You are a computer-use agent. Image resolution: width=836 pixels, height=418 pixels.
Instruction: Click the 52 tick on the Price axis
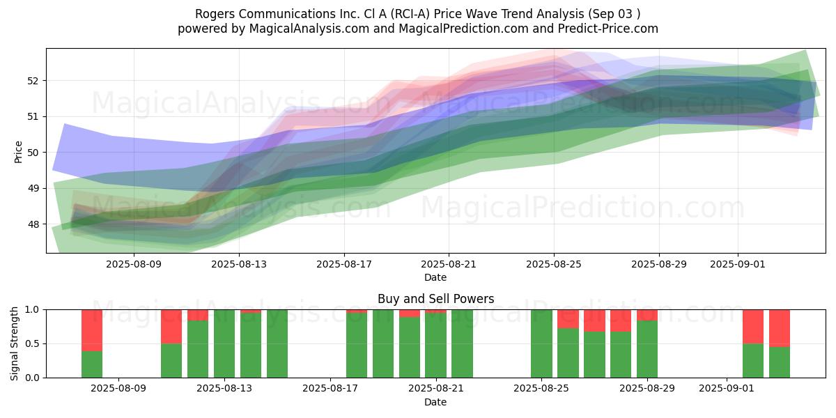pyautogui.click(x=32, y=81)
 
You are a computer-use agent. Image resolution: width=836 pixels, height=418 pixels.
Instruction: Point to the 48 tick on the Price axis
pyautogui.click(x=32, y=224)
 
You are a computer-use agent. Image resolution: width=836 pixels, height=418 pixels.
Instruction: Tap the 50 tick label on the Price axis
pyautogui.click(x=32, y=153)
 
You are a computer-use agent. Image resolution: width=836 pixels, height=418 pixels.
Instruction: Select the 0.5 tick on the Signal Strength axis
pyautogui.click(x=32, y=343)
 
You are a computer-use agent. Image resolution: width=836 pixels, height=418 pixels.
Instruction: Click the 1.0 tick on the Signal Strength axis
pyautogui.click(x=32, y=310)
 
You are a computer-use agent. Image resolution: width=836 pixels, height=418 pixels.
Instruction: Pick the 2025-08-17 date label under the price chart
pyautogui.click(x=344, y=265)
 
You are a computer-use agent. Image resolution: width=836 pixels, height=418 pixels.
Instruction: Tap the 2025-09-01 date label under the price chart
pyautogui.click(x=738, y=265)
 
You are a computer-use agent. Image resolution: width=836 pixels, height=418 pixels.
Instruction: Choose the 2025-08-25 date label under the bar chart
pyautogui.click(x=541, y=389)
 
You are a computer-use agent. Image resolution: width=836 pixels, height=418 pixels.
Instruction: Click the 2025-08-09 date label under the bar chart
pyautogui.click(x=118, y=389)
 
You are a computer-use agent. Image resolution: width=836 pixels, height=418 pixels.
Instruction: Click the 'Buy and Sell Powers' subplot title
pyautogui.click(x=435, y=299)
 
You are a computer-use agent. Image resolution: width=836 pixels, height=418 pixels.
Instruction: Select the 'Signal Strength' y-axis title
pyautogui.click(x=15, y=343)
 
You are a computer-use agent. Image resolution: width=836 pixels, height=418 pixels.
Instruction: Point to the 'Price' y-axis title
pyautogui.click(x=18, y=153)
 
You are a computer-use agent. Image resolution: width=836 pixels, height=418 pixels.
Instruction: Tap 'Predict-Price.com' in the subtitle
pyautogui.click(x=608, y=29)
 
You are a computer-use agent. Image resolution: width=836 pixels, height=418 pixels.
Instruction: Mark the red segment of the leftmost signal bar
pyautogui.click(x=92, y=331)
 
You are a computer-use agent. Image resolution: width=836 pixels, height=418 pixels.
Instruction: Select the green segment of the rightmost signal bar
pyautogui.click(x=780, y=362)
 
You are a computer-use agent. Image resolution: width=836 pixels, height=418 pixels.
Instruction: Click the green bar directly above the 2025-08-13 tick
pyautogui.click(x=224, y=343)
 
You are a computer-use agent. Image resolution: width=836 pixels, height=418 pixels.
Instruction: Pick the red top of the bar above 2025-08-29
pyautogui.click(x=647, y=315)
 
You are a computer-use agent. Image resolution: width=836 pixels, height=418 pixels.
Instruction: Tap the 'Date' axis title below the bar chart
pyautogui.click(x=435, y=403)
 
